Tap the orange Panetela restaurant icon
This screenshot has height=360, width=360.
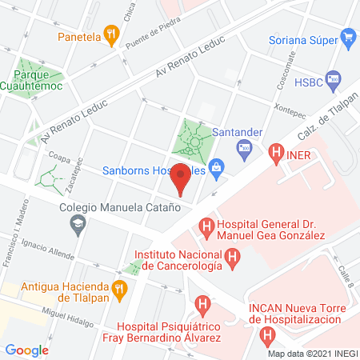(x=112, y=36)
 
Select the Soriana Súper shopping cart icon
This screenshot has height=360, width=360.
(x=347, y=37)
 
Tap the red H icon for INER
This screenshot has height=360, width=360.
(x=276, y=150)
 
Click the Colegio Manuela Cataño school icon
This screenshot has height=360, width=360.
(x=77, y=225)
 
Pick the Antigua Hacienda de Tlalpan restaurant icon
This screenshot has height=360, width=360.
(x=120, y=288)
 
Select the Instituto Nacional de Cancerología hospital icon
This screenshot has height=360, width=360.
(x=232, y=258)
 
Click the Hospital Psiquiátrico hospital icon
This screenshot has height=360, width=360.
(x=203, y=305)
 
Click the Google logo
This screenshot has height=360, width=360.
(x=27, y=350)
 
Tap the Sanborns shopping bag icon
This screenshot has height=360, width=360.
(x=215, y=170)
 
